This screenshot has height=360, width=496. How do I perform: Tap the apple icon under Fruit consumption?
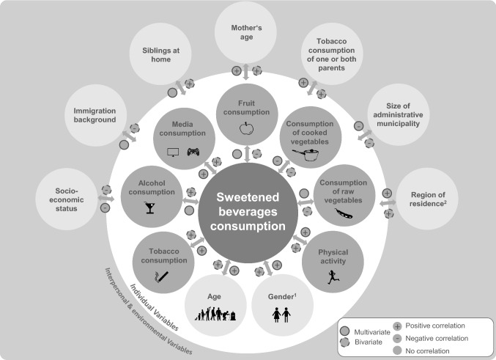(246, 129)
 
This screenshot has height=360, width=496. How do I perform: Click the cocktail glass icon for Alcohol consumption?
(150, 207)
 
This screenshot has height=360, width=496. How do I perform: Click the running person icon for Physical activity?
(333, 276)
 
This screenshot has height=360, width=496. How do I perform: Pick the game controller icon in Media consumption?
(193, 152)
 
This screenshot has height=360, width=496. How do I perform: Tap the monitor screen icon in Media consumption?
(174, 152)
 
